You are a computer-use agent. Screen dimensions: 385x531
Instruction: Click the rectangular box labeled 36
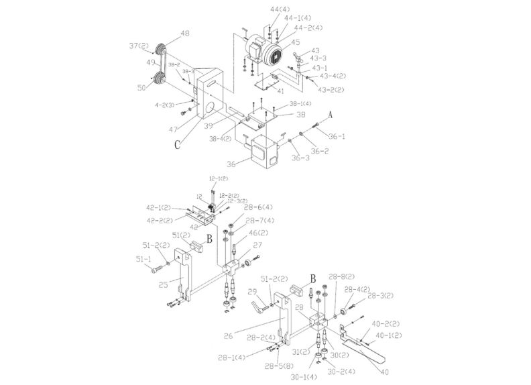[263, 152]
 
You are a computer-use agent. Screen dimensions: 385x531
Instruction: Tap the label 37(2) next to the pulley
[140, 46]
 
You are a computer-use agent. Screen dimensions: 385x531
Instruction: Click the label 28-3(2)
[380, 295]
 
